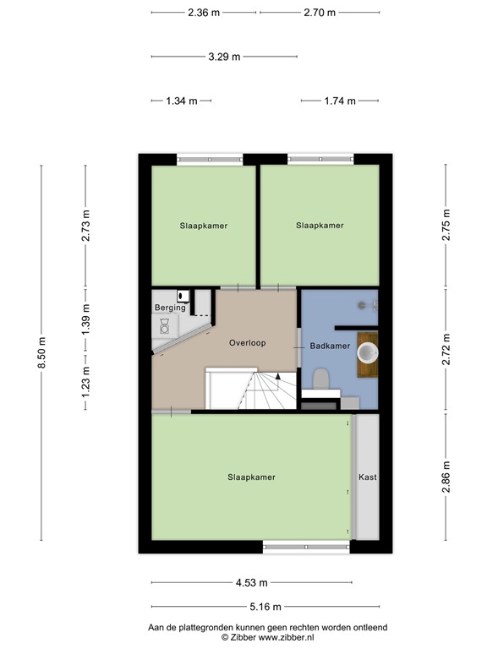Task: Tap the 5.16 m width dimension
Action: point(265,606)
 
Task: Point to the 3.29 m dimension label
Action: point(224,57)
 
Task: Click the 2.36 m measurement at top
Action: point(204,13)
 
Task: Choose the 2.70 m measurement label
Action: point(320,13)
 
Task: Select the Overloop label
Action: point(248,343)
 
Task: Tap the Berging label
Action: point(169,308)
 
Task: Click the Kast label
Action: point(367,477)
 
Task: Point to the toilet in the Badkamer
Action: point(321,379)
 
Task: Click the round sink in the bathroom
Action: point(369,352)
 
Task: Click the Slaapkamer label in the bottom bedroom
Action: point(251,477)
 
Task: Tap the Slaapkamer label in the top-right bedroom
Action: point(320,226)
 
